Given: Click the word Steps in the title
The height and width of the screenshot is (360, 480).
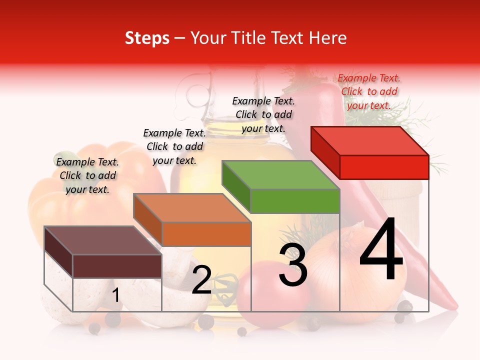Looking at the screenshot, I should click(x=147, y=38).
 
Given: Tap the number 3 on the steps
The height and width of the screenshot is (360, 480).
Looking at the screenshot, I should click(x=293, y=265).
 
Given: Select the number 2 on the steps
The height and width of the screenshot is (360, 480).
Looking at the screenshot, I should click(x=201, y=280).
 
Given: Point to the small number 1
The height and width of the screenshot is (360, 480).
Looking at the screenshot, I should click(x=115, y=295).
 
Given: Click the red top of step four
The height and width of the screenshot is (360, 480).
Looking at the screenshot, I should click(x=370, y=140).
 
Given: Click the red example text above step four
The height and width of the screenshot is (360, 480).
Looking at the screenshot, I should click(x=369, y=91).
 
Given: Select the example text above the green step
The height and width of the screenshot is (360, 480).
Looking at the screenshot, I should click(x=263, y=114).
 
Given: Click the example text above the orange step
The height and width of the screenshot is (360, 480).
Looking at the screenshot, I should click(x=174, y=146).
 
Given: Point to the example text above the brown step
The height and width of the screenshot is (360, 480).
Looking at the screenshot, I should click(x=87, y=175).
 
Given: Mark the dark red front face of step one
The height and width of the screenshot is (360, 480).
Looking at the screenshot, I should click(x=117, y=266).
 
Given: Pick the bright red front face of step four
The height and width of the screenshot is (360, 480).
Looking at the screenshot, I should click(x=384, y=167).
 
